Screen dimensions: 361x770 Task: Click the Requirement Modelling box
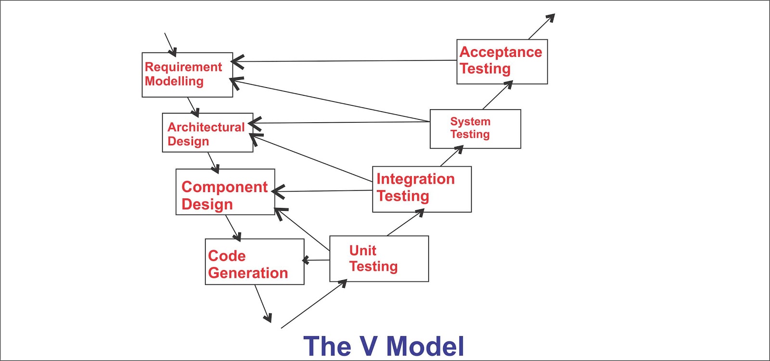tap(187, 75)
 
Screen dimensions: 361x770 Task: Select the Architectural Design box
tap(207, 133)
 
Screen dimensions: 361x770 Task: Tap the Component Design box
tap(225, 192)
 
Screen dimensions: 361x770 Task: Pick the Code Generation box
tap(255, 262)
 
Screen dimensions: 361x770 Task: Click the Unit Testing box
tap(379, 259)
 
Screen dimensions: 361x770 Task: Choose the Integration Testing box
tap(422, 189)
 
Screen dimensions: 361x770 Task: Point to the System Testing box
tap(475, 129)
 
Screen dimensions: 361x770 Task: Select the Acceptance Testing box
tap(501, 62)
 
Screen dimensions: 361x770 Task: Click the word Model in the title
tap(425, 346)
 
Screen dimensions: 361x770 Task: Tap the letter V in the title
tap(369, 346)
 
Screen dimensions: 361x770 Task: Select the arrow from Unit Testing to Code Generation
tap(317, 260)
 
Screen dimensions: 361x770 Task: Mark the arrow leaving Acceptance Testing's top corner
tap(541, 26)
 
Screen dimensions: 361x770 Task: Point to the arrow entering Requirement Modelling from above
tap(170, 44)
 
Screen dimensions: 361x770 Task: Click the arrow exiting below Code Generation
tap(263, 303)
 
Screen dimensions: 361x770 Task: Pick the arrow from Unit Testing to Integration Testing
tap(405, 223)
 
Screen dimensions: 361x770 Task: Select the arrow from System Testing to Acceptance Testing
tap(497, 95)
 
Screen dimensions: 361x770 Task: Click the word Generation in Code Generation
tap(248, 273)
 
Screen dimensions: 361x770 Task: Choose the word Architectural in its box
tap(206, 127)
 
